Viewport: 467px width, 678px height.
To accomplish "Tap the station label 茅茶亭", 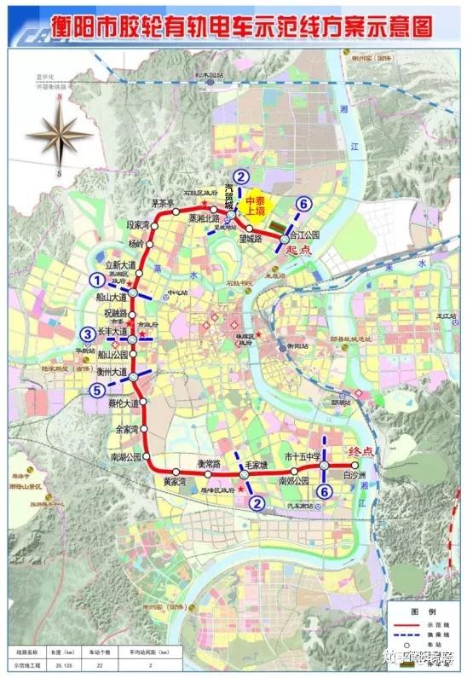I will pyautogui.click(x=164, y=203).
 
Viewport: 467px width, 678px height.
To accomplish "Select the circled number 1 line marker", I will pyautogui.click(x=98, y=279).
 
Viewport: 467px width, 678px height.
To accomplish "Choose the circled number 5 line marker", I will pyautogui.click(x=98, y=389).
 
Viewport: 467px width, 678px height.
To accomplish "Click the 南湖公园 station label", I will pyautogui.click(x=129, y=458).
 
